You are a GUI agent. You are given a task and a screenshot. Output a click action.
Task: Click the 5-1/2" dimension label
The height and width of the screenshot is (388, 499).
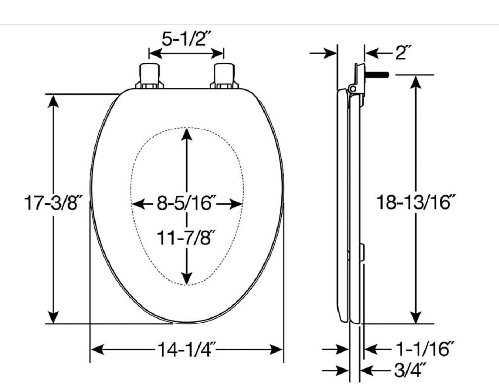coord(186,39)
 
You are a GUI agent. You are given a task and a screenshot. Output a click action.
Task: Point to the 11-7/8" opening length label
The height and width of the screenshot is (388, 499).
coord(187,237)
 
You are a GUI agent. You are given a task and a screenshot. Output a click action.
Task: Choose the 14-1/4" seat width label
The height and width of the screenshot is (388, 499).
coord(187,349)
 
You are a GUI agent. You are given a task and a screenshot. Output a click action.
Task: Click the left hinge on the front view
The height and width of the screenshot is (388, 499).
coord(149,76)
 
